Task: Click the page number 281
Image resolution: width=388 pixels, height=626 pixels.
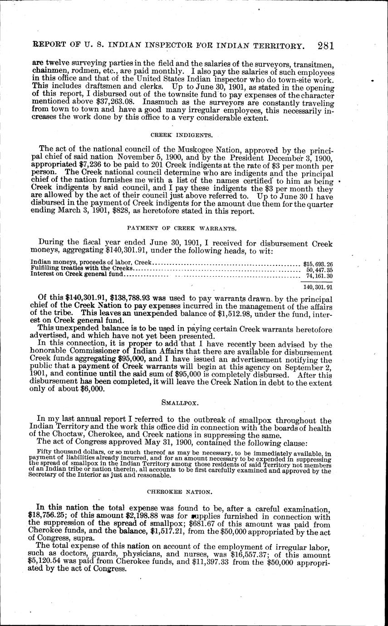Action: (326, 46)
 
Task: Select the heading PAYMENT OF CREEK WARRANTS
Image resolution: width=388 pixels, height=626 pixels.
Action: (181, 229)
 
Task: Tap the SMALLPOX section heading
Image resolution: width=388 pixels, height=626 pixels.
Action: (181, 401)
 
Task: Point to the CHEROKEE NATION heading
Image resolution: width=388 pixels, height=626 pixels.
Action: (181, 491)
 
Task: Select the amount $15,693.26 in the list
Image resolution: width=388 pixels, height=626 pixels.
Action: (318, 263)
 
